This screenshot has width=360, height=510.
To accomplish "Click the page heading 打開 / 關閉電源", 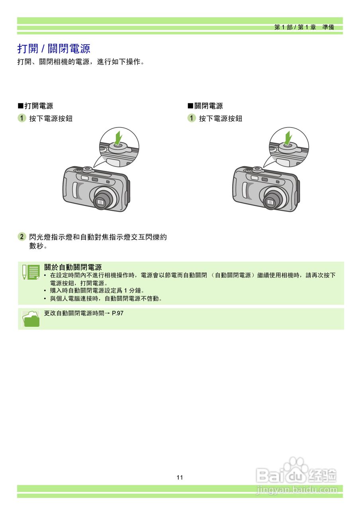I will pos(54,49).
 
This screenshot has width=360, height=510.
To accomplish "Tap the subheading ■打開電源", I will pos(35,106).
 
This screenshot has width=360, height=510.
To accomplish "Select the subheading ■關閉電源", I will pos(205,106).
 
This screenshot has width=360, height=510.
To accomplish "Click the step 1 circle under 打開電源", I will pos(22,118).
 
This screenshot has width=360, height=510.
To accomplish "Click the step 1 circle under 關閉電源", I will pos(192,118).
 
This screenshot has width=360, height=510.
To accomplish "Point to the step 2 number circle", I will pos(22,237).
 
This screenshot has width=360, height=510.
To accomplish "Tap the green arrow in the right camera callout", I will pos(287,138).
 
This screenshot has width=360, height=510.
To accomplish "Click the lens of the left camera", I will pos(101,202).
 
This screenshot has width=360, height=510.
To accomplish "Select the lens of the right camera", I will pos(271,202).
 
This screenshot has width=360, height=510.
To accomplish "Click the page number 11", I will pos(180,478).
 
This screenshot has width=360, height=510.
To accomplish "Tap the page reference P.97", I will pos(118,313).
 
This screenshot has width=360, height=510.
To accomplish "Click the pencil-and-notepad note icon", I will pos(31,272).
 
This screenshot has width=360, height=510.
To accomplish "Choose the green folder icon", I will pos(31,319).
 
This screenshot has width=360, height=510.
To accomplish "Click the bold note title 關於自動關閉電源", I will pos(73,267).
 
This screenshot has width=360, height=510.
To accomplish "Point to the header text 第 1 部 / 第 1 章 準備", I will pos(304,27).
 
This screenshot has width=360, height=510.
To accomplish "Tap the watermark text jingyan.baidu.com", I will pos(297,490).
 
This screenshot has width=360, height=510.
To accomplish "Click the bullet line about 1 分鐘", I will pos(97,291).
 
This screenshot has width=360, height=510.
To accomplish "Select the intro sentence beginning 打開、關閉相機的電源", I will pos(80,62).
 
